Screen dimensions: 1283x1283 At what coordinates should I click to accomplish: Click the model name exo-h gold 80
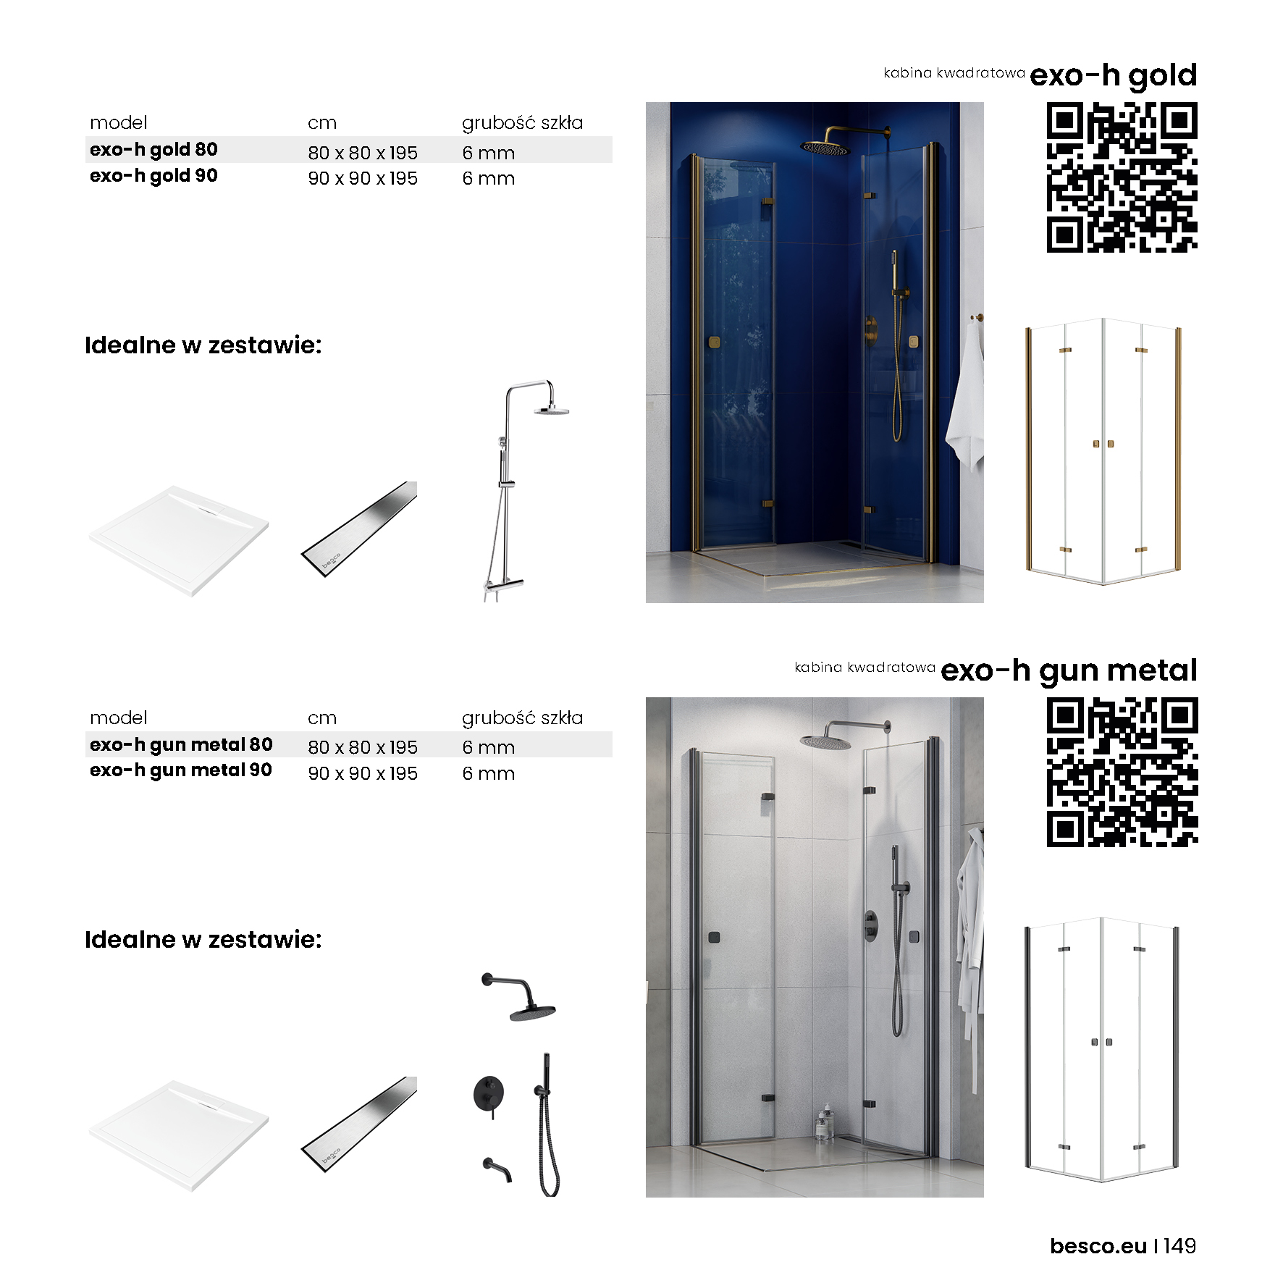click(153, 149)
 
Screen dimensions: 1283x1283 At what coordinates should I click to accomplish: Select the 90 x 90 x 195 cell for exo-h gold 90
click(363, 178)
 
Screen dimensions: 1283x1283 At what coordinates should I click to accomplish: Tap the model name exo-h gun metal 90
click(181, 770)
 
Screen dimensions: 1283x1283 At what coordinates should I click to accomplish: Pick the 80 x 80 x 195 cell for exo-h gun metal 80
click(363, 747)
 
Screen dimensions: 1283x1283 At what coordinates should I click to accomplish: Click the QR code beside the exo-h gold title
click(1122, 177)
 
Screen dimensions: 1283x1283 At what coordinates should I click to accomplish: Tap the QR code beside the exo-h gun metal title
click(1122, 772)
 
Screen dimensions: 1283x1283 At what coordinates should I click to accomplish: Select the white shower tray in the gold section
click(179, 541)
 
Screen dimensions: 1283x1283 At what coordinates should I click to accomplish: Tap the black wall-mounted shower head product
click(519, 997)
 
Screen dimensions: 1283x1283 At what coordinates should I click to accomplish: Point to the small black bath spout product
click(497, 1169)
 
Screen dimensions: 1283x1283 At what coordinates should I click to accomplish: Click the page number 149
click(1180, 1246)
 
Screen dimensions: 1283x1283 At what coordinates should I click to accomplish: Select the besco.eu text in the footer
click(1098, 1246)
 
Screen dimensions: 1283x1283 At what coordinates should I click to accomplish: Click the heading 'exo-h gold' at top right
click(1114, 75)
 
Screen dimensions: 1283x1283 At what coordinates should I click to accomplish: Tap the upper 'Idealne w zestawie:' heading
click(203, 345)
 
